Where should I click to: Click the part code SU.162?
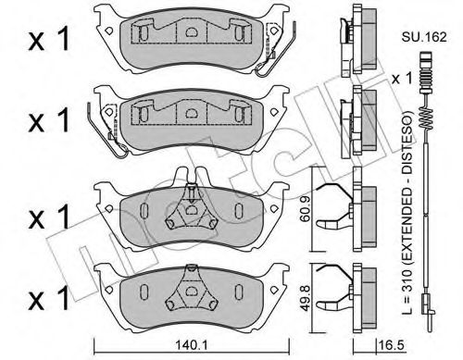[424, 37]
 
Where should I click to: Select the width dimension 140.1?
[191, 345]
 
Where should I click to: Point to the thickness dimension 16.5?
[391, 345]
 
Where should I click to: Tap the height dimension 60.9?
[306, 208]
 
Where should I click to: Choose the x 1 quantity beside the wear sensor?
[402, 79]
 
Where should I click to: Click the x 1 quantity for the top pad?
[49, 39]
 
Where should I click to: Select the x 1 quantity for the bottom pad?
[49, 298]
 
